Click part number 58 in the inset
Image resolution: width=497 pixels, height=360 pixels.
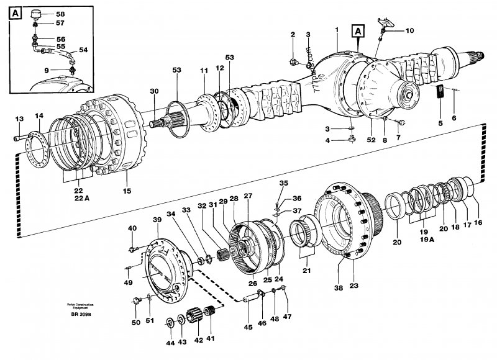click(60, 13)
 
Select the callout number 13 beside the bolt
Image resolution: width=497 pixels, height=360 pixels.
click(19, 119)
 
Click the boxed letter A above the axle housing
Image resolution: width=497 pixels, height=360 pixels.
click(358, 30)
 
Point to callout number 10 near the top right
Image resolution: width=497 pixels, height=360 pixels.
click(409, 30)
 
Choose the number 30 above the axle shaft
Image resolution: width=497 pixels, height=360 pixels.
click(154, 91)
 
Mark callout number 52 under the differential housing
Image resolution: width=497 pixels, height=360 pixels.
click(371, 140)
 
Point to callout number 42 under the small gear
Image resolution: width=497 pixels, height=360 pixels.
click(199, 340)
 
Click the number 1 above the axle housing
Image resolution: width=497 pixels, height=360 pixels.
click(336, 30)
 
